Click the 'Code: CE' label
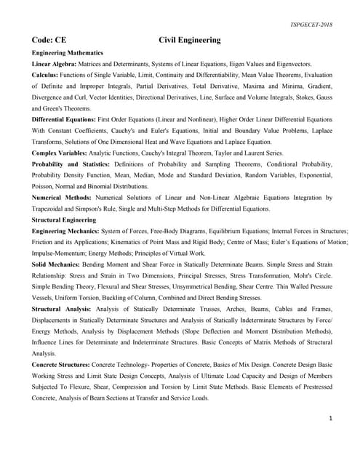[x=49, y=41]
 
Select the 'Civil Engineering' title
[x=190, y=41]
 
